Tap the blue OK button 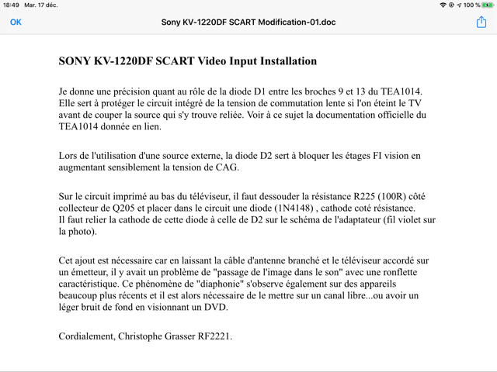tap(16, 22)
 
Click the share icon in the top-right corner tap(481, 22)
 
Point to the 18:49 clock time tap(10, 5)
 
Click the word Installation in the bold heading tap(283, 61)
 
